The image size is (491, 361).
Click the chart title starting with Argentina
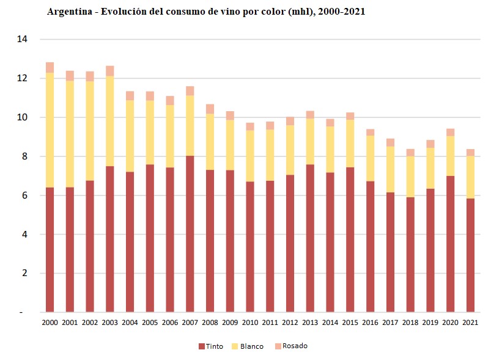click(x=206, y=12)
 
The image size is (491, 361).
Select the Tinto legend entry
click(x=211, y=346)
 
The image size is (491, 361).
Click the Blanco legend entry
click(x=248, y=346)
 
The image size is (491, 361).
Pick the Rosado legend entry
click(x=290, y=346)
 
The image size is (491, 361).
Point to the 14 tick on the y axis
click(x=22, y=39)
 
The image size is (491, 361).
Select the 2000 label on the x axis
click(x=50, y=323)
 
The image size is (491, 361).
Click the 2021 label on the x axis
click(x=470, y=323)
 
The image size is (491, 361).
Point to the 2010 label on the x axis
click(x=250, y=323)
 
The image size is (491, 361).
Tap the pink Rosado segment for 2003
click(x=110, y=71)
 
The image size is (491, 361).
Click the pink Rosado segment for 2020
click(x=451, y=132)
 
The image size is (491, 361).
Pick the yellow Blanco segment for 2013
click(x=310, y=142)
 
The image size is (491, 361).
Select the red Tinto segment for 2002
click(x=90, y=246)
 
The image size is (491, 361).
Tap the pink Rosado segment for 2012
click(x=290, y=121)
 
